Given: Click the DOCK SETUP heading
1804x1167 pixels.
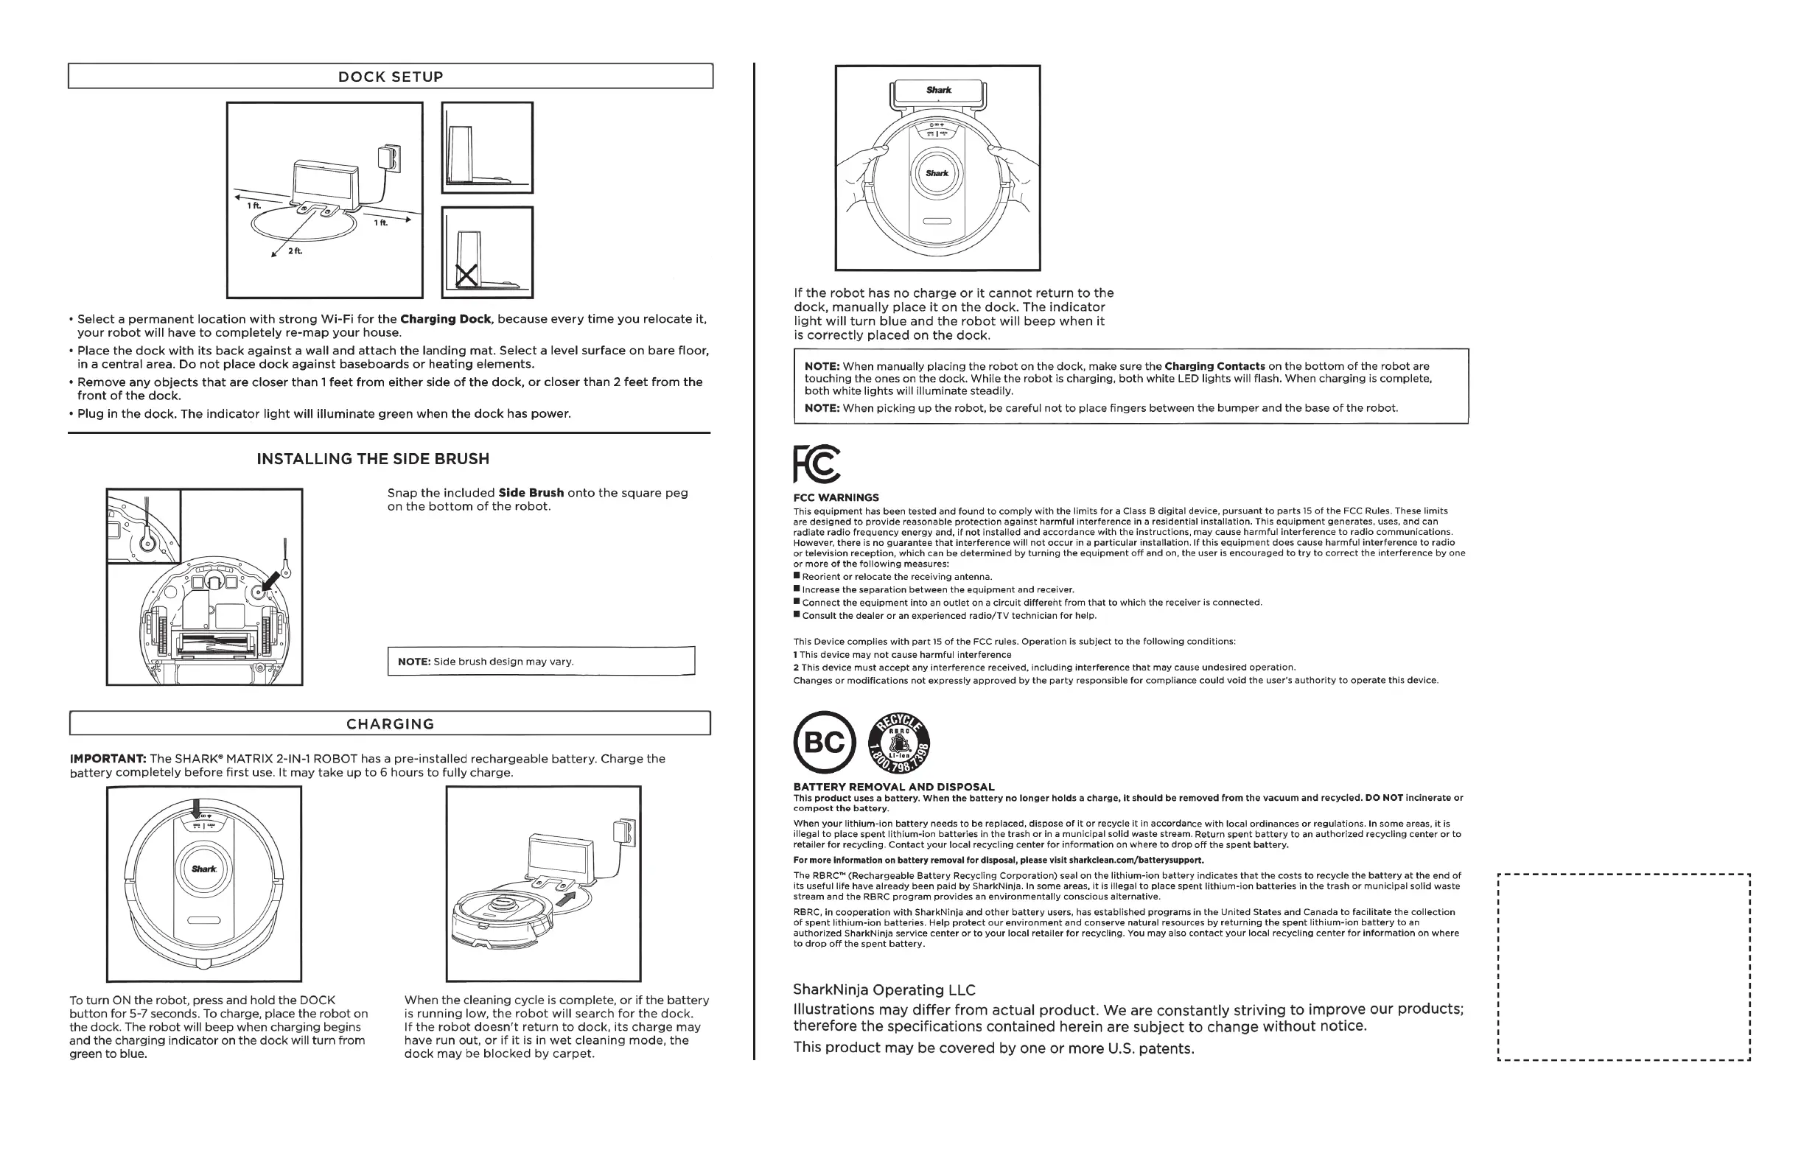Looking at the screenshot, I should tap(391, 77).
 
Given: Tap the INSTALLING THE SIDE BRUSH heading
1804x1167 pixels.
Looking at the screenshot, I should tap(373, 458).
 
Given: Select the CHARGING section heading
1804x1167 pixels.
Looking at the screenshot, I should tap(391, 723).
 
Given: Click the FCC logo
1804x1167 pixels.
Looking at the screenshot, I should tap(817, 463).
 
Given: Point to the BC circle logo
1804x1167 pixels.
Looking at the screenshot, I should tap(824, 743).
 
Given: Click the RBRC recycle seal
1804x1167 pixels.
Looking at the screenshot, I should tap(899, 743).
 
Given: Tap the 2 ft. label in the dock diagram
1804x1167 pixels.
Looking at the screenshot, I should tap(294, 250).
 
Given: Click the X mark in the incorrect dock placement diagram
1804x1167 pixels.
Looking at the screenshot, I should tap(466, 275).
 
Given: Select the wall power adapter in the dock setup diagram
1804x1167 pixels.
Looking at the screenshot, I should tap(388, 158).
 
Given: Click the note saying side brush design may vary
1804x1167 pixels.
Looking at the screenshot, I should tap(540, 662).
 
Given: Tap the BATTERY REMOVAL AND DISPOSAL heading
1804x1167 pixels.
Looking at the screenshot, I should tap(894, 787).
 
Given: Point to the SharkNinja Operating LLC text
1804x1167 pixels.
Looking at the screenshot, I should tap(884, 989).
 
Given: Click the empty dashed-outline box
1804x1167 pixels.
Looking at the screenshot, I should tap(1623, 967).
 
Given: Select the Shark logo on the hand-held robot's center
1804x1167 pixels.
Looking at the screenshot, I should tap(937, 174).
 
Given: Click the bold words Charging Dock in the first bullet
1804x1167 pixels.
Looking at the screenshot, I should tap(446, 319).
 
